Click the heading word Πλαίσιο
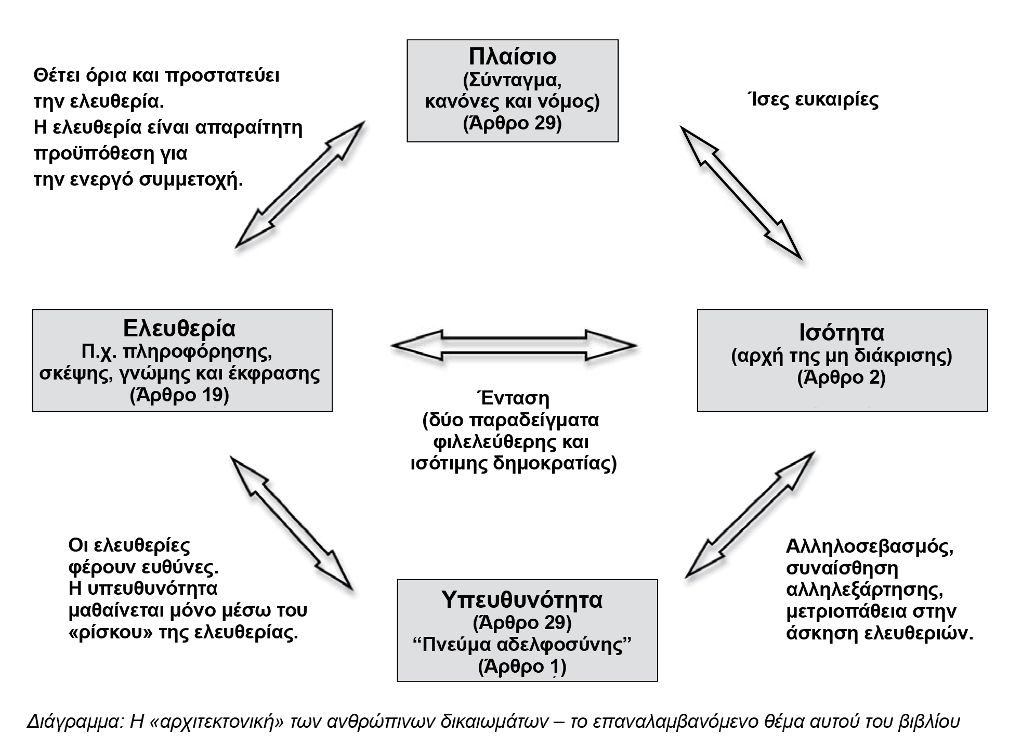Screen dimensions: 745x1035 [512, 57]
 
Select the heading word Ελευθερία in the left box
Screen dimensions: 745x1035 [179, 329]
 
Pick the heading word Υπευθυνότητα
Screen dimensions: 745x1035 [522, 599]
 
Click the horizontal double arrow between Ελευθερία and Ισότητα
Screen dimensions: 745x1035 [514, 345]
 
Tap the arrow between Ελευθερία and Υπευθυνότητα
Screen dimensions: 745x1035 [291, 523]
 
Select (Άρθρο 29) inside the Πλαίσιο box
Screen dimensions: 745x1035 [512, 124]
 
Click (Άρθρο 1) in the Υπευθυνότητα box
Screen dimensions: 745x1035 [522, 666]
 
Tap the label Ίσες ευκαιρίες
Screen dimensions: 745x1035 [812, 100]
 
